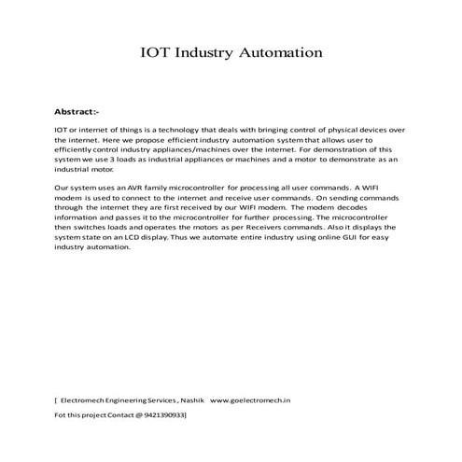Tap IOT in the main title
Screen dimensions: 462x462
(156, 53)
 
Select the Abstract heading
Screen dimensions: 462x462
(77, 111)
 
